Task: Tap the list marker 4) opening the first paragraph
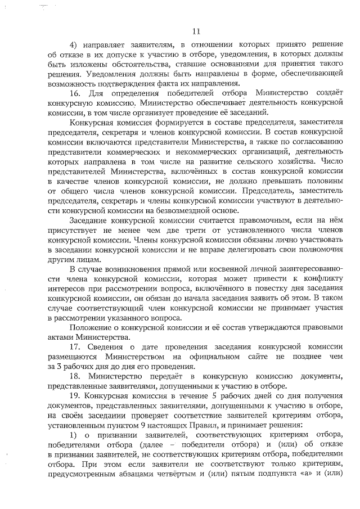pos(73,44)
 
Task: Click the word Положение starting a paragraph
pos(89,327)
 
